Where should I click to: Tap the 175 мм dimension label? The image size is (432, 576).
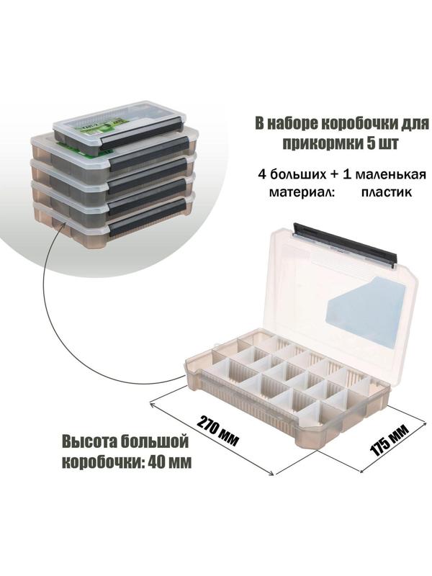(390, 441)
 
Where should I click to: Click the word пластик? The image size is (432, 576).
(387, 192)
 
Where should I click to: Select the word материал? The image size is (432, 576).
(302, 192)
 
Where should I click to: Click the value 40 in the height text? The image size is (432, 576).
(156, 462)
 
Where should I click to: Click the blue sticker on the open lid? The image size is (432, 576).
(366, 312)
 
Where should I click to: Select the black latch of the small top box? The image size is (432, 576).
(140, 134)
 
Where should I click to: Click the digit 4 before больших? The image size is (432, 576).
(262, 174)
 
